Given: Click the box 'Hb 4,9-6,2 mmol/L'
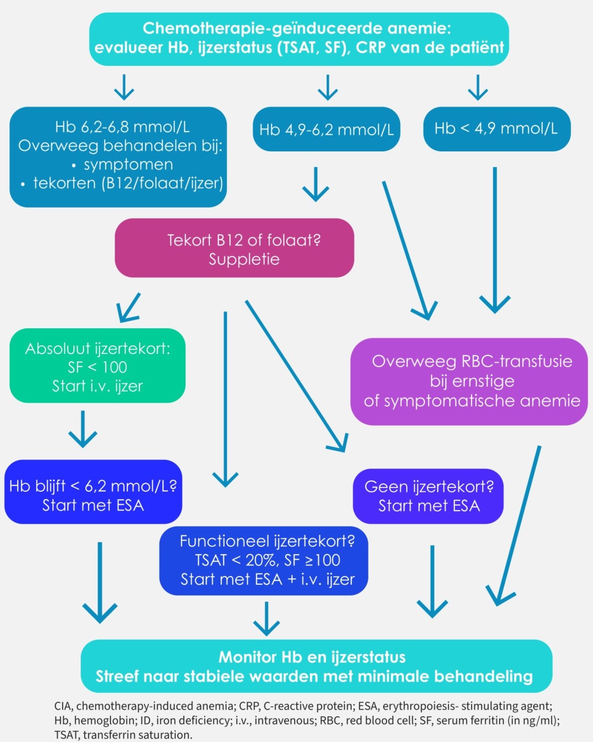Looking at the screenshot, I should tap(326, 129).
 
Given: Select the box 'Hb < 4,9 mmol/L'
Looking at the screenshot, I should tap(496, 129).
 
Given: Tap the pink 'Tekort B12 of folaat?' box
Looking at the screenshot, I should tap(234, 248).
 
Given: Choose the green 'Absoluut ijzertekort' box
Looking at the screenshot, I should tap(97, 366).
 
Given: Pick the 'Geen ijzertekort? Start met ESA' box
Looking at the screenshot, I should tap(428, 496).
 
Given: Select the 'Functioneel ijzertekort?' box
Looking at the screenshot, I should tap(264, 560).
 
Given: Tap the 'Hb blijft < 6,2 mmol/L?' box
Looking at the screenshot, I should tap(93, 492).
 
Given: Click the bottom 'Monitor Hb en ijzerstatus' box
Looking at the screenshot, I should tap(316, 666).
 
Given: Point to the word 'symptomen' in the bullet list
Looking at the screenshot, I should tap(128, 164).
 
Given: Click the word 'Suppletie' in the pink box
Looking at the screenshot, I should tap(244, 259).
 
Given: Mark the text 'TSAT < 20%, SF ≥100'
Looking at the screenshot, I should tap(267, 560).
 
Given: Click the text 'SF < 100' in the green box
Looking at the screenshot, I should tap(97, 367).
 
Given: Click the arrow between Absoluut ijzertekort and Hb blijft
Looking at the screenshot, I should tap(83, 429).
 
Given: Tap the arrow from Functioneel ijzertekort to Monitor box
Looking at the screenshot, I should tap(266, 618).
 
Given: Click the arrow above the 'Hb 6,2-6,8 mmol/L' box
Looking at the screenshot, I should tap(124, 87).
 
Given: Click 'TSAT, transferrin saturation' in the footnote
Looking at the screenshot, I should tap(123, 735).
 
